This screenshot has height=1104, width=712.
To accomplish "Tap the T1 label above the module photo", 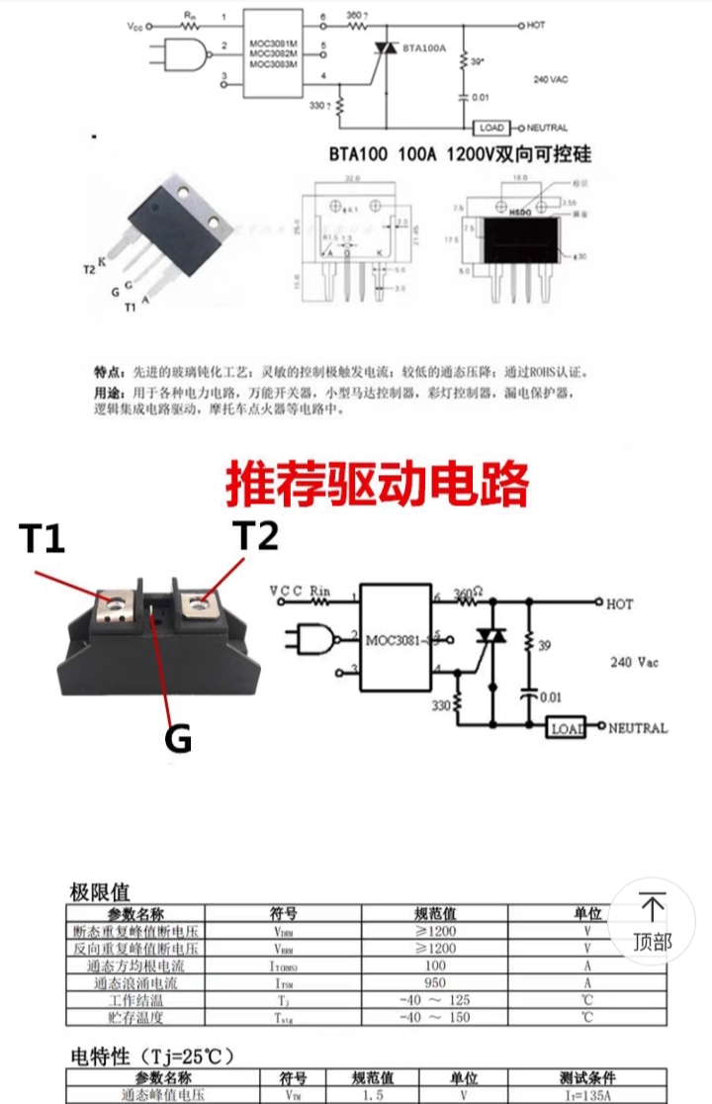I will pyautogui.click(x=42, y=540).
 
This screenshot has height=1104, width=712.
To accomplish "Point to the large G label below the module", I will pyautogui.click(x=178, y=740).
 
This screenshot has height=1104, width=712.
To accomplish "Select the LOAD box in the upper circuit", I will pyautogui.click(x=490, y=128).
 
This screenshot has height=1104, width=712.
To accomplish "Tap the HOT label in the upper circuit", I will pyautogui.click(x=537, y=23).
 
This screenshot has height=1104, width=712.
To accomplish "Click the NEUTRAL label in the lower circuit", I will pyautogui.click(x=637, y=728).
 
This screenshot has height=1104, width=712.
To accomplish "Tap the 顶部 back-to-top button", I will pyautogui.click(x=653, y=922).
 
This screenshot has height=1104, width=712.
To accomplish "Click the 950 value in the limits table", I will pyautogui.click(x=435, y=982).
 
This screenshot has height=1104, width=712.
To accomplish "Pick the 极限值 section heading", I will pyautogui.click(x=100, y=891).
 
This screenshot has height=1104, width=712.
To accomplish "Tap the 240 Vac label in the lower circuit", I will pyautogui.click(x=634, y=662).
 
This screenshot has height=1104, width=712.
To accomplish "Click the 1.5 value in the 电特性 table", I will pyautogui.click(x=373, y=1095).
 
